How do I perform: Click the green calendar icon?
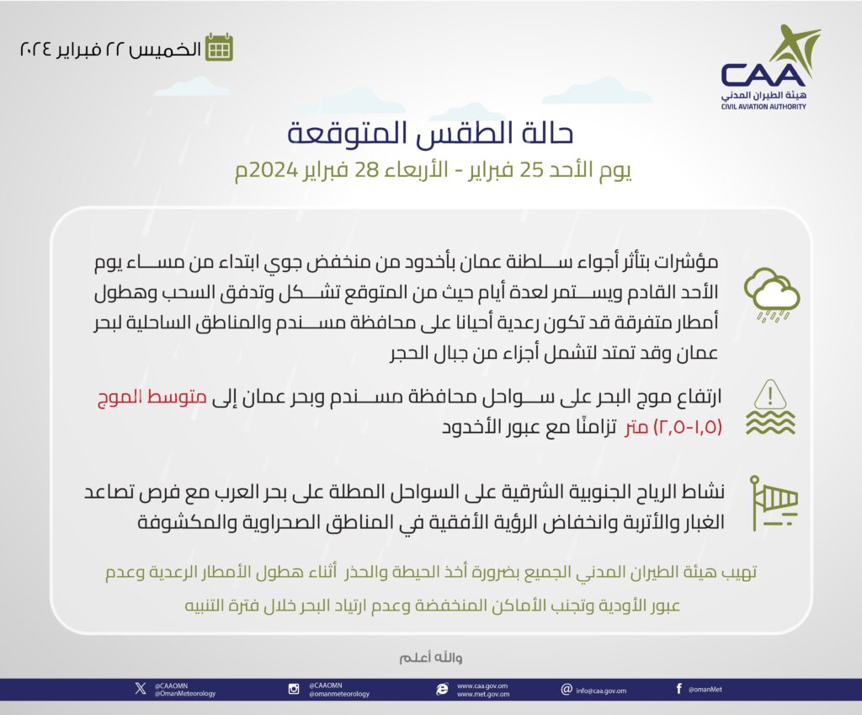pyautogui.click(x=220, y=47)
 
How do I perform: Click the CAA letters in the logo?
pyautogui.click(x=763, y=74)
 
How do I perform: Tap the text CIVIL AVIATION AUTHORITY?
pyautogui.click(x=764, y=107)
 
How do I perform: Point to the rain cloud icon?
pyautogui.click(x=771, y=294)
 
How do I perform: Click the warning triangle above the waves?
pyautogui.click(x=771, y=393)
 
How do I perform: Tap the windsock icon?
pyautogui.click(x=773, y=503)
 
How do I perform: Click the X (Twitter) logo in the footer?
pyautogui.click(x=140, y=689)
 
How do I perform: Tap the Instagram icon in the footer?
pyautogui.click(x=294, y=689)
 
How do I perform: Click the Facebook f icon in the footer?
pyautogui.click(x=678, y=689)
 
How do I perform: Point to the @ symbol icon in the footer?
pyautogui.click(x=567, y=689)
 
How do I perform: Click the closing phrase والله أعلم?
pyautogui.click(x=431, y=657)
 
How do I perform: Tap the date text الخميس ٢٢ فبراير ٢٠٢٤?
pyautogui.click(x=110, y=48)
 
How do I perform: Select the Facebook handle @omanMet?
pyautogui.click(x=705, y=690)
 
